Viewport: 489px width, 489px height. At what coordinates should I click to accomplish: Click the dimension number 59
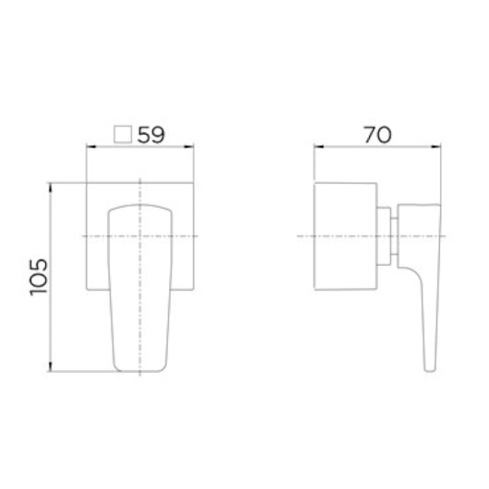click(151, 135)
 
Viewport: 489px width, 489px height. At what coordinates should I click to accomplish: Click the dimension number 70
click(377, 135)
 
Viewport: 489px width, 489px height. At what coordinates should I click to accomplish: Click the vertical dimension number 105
click(39, 277)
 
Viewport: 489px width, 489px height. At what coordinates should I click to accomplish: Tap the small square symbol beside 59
click(123, 135)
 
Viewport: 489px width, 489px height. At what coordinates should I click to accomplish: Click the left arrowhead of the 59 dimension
click(90, 147)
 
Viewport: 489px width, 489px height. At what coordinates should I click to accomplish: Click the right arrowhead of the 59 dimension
click(189, 147)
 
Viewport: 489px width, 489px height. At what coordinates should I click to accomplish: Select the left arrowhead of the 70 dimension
click(318, 147)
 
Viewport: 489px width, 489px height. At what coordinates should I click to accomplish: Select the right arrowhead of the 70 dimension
click(436, 147)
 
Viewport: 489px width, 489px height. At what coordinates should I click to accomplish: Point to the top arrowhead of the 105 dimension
click(51, 187)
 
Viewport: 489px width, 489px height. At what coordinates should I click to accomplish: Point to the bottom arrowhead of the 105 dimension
click(51, 367)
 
